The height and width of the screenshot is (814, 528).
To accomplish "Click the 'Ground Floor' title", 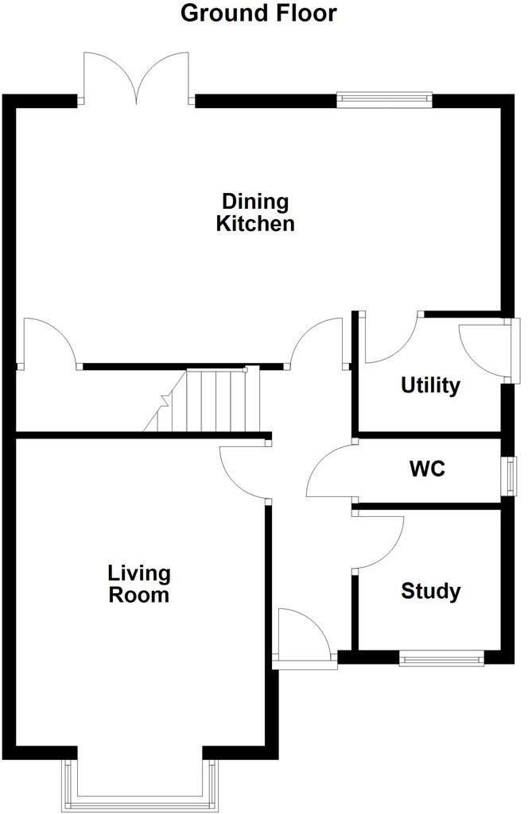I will point(258,14).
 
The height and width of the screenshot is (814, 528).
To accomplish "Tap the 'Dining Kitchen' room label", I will point(255,212).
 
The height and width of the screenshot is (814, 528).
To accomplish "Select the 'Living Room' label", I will point(139,584).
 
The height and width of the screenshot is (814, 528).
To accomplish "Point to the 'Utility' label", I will point(430,386).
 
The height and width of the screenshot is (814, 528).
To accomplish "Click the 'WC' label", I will point(427,469).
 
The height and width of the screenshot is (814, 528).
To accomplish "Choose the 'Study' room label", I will point(430,592).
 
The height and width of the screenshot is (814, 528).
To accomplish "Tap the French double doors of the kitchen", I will point(137,79).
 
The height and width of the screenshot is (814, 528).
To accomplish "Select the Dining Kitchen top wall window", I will point(384,100).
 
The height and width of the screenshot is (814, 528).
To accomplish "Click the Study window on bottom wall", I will point(441,657).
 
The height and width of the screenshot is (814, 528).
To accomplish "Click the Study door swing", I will point(378,540).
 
